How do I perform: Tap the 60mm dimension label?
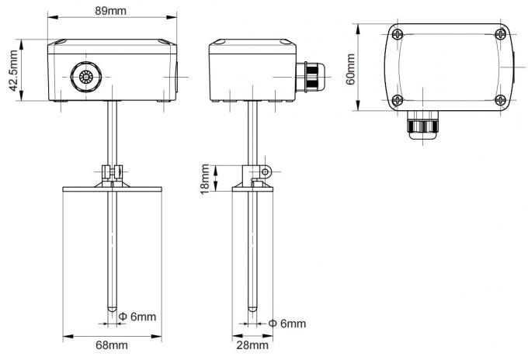351,68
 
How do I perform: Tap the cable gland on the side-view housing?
307,74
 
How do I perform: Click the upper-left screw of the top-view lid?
397,33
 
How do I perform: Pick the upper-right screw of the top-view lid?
499,33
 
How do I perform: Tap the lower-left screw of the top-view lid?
397,99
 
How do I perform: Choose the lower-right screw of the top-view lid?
499,99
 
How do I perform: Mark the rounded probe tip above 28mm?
252,309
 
